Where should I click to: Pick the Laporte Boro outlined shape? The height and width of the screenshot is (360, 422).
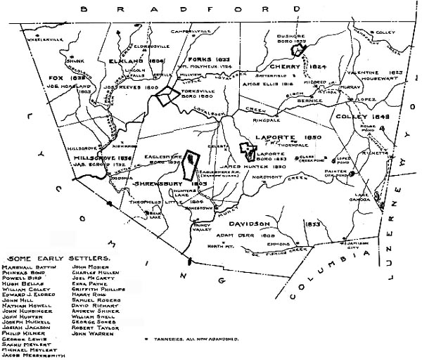[x=248, y=148]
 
